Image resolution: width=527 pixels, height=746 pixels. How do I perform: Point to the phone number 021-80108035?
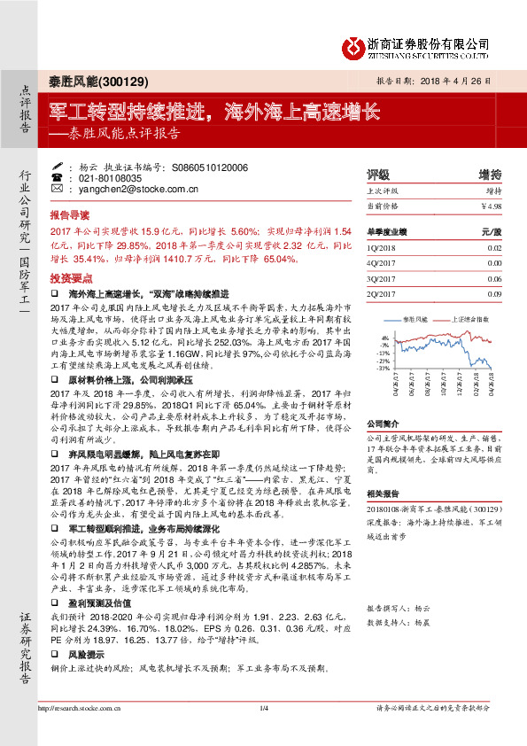pyautogui.click(x=108, y=177)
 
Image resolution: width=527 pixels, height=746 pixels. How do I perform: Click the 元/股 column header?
pyautogui.click(x=492, y=231)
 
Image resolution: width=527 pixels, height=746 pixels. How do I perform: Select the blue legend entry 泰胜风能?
pyautogui.click(x=415, y=316)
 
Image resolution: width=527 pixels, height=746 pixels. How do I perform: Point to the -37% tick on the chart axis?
pyautogui.click(x=383, y=368)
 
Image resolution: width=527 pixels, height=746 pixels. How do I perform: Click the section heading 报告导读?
pyautogui.click(x=69, y=215)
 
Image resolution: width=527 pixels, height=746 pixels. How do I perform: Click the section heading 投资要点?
pyautogui.click(x=69, y=277)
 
